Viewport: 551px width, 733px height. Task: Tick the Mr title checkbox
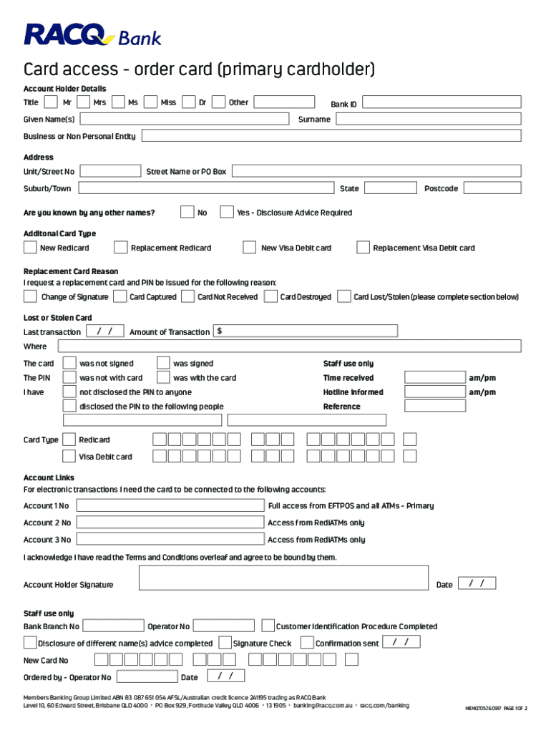click(x=52, y=103)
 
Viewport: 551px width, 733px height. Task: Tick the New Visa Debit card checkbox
click(x=249, y=248)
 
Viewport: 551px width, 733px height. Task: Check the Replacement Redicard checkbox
click(x=120, y=248)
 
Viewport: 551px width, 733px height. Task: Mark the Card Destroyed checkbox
click(x=270, y=296)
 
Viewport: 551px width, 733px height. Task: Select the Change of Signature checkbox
click(x=31, y=296)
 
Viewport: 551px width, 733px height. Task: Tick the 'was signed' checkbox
click(x=162, y=364)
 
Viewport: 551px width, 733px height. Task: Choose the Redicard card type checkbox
click(x=69, y=440)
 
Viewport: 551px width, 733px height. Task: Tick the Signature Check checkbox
click(x=225, y=642)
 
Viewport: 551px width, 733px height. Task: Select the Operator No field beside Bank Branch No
click(x=224, y=626)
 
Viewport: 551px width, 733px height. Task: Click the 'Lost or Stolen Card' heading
click(x=57, y=318)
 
